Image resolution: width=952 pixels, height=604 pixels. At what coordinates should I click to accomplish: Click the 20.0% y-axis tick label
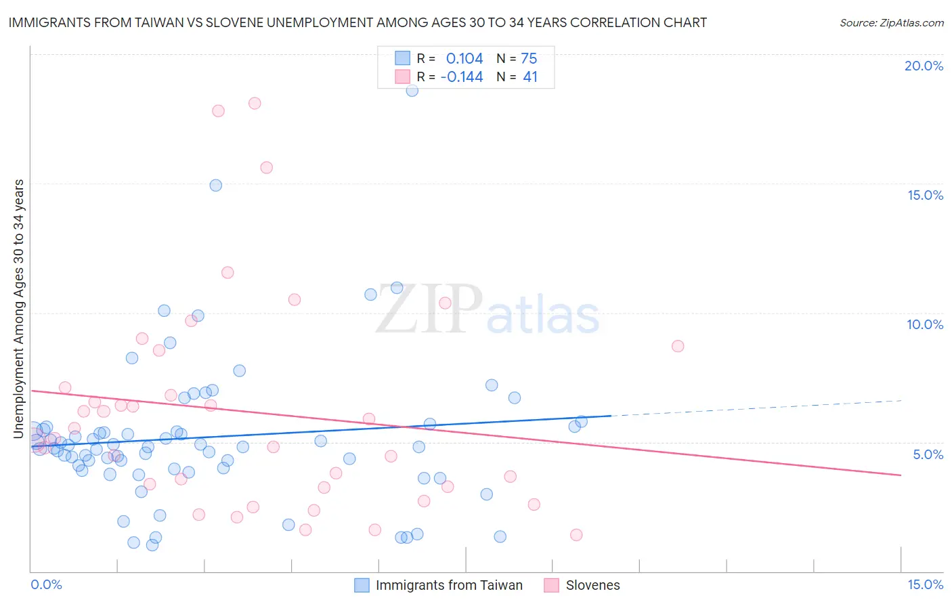click(924, 66)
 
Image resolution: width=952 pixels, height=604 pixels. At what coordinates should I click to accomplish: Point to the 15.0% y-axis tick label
click(925, 195)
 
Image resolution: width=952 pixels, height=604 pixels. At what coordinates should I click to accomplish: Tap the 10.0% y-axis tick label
click(925, 324)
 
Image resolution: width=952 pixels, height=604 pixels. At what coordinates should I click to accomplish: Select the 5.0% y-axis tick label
click(928, 454)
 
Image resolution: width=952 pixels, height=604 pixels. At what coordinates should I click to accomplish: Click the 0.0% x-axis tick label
click(46, 584)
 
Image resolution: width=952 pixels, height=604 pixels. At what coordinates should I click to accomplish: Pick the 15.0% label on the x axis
click(925, 584)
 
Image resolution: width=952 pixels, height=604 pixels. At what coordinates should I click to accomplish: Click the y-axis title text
click(19, 309)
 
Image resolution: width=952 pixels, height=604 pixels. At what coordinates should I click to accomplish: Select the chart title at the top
click(358, 22)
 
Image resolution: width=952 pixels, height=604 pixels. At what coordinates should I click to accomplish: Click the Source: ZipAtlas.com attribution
click(891, 22)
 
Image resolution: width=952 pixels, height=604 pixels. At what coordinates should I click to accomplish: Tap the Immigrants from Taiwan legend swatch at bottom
click(362, 585)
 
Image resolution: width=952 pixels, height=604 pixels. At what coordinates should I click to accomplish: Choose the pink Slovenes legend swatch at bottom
click(552, 585)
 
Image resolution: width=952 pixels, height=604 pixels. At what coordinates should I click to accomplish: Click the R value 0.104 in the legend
click(464, 59)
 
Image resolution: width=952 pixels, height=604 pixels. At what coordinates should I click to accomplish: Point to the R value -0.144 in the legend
click(462, 77)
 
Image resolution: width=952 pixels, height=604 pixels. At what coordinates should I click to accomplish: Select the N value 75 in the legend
click(529, 59)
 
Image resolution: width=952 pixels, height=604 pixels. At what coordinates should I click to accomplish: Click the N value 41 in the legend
click(530, 77)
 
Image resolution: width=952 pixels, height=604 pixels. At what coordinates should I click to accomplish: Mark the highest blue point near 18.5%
click(412, 90)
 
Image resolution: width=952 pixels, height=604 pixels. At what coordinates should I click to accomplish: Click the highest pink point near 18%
click(255, 103)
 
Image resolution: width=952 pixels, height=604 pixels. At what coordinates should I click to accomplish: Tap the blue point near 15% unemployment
click(216, 185)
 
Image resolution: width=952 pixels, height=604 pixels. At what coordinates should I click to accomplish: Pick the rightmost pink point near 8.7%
click(678, 346)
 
